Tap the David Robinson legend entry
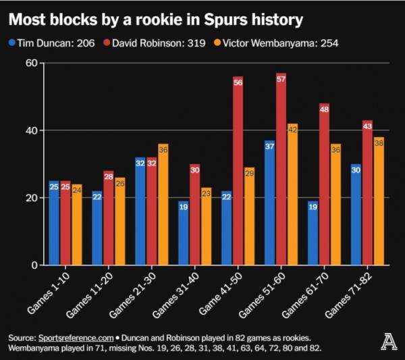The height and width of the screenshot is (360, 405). point(159,43)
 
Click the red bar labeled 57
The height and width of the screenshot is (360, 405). point(281,169)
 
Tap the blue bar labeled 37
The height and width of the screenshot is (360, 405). point(270,203)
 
